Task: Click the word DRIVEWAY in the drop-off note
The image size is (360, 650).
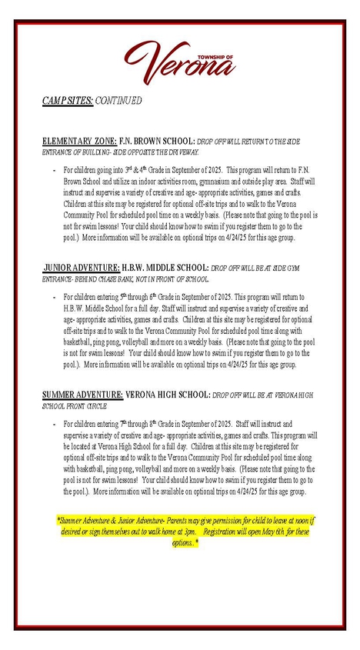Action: point(182,152)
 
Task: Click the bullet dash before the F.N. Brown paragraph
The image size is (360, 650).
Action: point(53,168)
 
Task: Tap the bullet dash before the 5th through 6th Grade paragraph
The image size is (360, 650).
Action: point(53,296)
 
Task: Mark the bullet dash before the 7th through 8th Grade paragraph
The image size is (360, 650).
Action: point(53,423)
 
